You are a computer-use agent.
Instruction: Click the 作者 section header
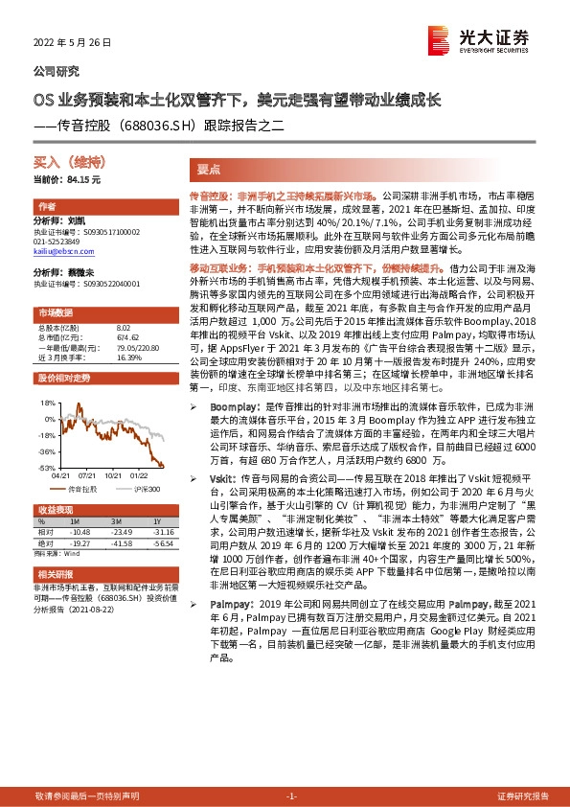(47, 207)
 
